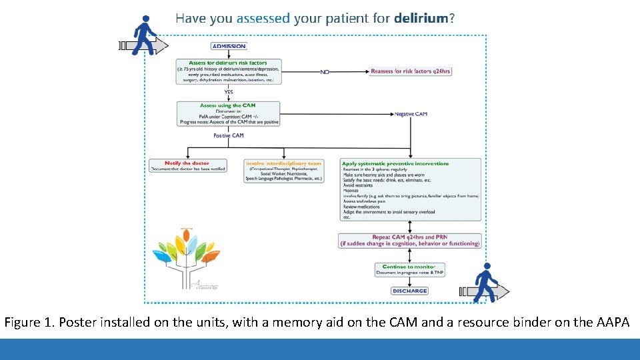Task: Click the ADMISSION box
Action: pyautogui.click(x=229, y=46)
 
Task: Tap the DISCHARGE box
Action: pyautogui.click(x=409, y=291)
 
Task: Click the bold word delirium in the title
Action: pyautogui.click(x=421, y=19)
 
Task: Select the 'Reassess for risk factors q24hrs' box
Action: pyautogui.click(x=411, y=71)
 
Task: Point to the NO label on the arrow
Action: pyautogui.click(x=325, y=71)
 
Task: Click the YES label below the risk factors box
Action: pyautogui.click(x=229, y=92)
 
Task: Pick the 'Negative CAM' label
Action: pyautogui.click(x=411, y=114)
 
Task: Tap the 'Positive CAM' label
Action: pyautogui.click(x=229, y=135)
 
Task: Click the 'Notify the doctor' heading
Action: pyautogui.click(x=187, y=163)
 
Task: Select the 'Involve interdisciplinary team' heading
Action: pyautogui.click(x=283, y=163)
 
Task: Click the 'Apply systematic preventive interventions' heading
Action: pyautogui.click(x=395, y=163)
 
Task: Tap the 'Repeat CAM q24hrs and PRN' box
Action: pyautogui.click(x=409, y=240)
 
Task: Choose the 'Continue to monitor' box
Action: pyautogui.click(x=409, y=269)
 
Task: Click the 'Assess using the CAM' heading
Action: pyautogui.click(x=228, y=105)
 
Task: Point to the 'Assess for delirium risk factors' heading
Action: pyautogui.click(x=228, y=63)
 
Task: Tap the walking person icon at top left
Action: pyautogui.click(x=143, y=36)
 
